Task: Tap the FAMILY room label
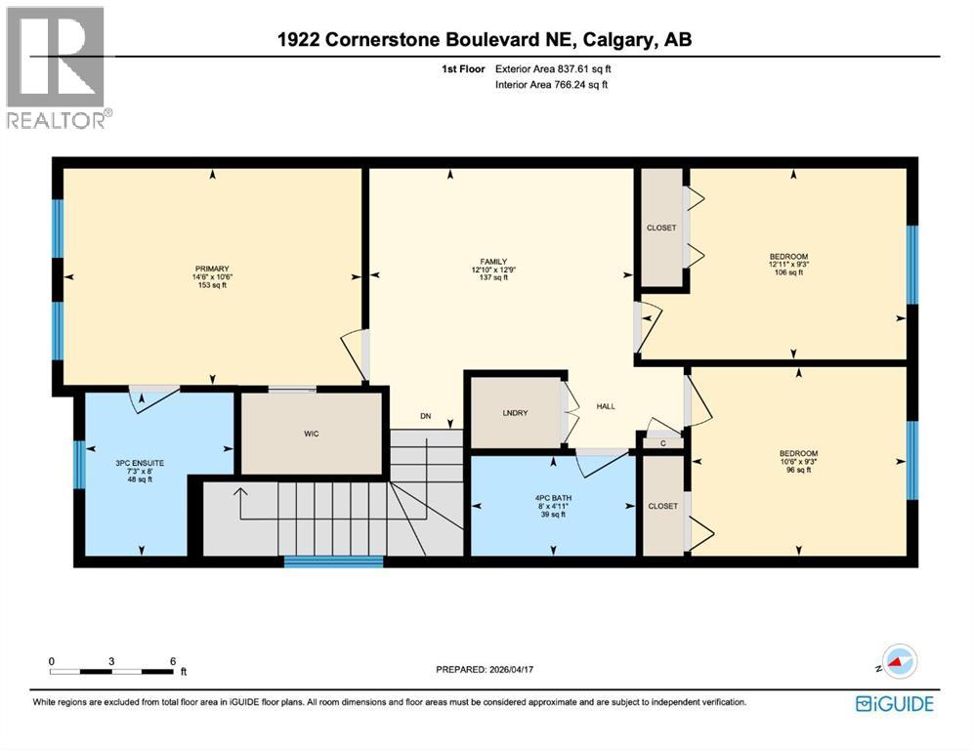[489, 270]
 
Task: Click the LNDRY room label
[515, 413]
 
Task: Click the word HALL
[607, 407]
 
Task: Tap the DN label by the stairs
[426, 416]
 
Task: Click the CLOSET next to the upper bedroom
[661, 228]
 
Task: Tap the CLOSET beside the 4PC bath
[662, 506]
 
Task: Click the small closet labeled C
[662, 442]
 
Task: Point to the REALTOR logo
[58, 68]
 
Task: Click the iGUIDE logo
[894, 703]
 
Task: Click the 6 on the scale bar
[173, 661]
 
